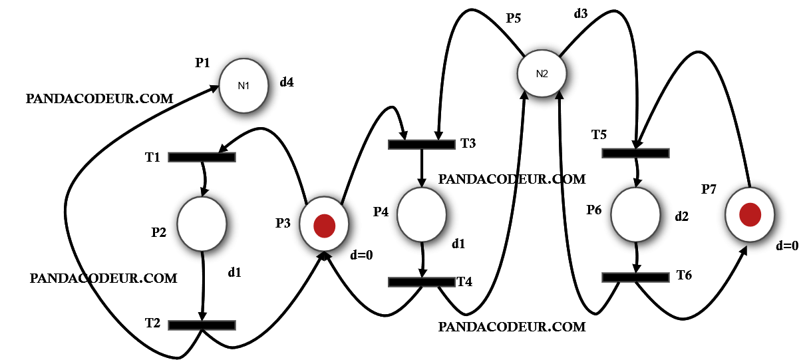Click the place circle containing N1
point(243,86)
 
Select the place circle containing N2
point(542,73)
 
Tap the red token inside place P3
point(324,225)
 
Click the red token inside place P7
point(750,215)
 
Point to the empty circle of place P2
point(202,223)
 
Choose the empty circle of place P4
point(422,214)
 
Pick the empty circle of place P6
point(635,214)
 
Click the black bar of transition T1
point(202,157)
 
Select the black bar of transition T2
point(202,325)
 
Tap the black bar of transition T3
point(421,144)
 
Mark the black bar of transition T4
point(421,281)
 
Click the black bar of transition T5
point(635,152)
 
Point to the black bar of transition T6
point(635,277)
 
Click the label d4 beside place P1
point(287,83)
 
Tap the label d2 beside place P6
point(682,216)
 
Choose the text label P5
point(513,19)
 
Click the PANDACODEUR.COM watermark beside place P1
point(99,98)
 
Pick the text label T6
point(685,275)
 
